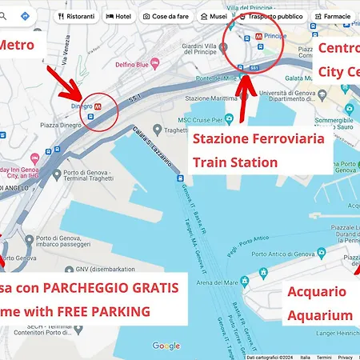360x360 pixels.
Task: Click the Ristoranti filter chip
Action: (x=77, y=16)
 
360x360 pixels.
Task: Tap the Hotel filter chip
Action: (x=118, y=16)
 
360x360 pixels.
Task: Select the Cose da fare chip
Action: (x=166, y=16)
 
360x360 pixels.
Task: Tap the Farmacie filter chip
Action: (x=333, y=16)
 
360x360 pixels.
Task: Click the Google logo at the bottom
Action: (x=166, y=346)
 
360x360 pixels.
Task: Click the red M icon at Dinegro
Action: (x=98, y=105)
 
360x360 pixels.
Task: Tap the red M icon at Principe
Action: (x=258, y=36)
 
